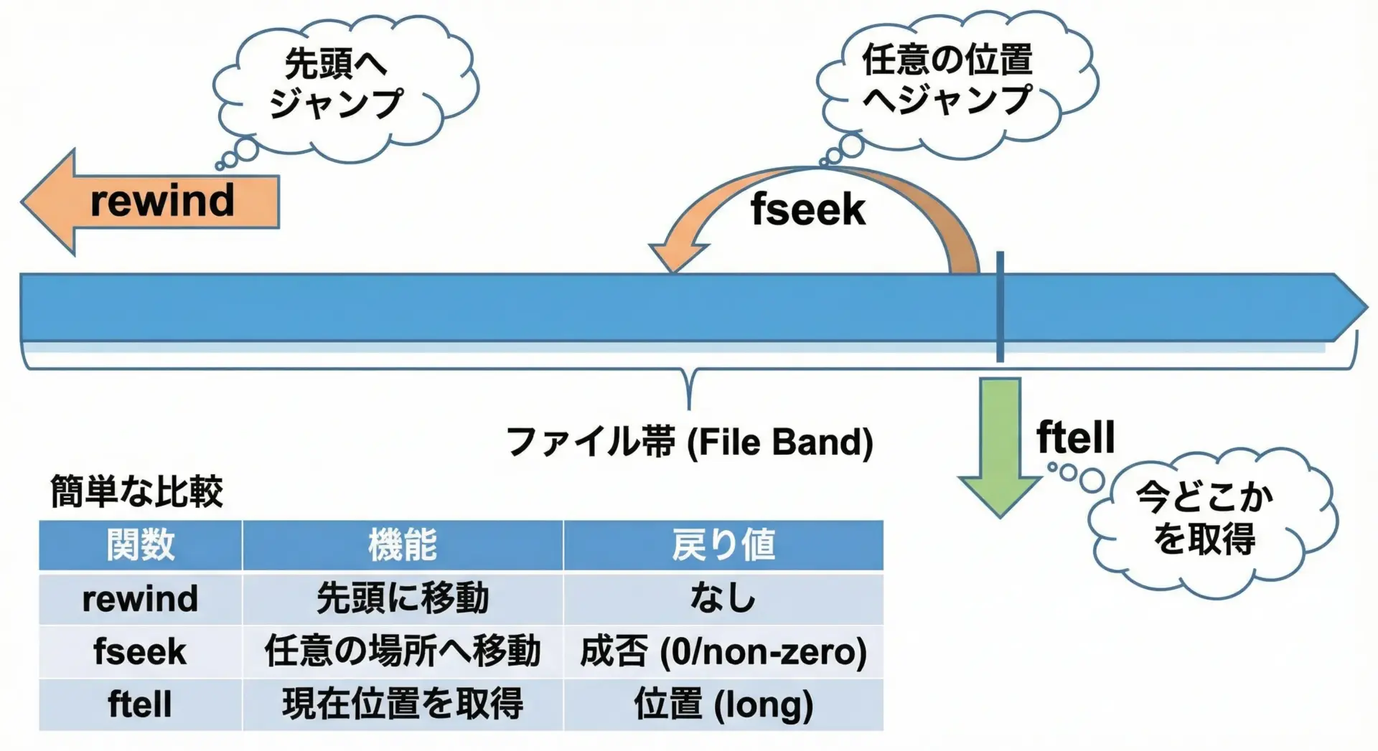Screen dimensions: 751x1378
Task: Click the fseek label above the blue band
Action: click(x=808, y=210)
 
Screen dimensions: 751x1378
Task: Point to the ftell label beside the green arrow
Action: click(x=1075, y=437)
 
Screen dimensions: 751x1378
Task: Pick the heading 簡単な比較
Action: click(x=136, y=491)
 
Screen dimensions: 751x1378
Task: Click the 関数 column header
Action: click(x=141, y=545)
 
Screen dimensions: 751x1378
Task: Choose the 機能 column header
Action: click(x=403, y=545)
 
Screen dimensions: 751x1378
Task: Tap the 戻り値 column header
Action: click(x=723, y=545)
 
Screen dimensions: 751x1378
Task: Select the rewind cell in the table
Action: click(x=141, y=598)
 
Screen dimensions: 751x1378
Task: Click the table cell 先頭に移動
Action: click(x=403, y=598)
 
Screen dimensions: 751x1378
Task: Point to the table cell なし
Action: click(x=723, y=598)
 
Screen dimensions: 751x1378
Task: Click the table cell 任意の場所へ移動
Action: click(x=403, y=651)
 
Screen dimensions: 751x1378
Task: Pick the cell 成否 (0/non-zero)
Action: click(x=723, y=651)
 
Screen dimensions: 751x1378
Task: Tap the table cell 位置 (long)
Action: click(x=723, y=704)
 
